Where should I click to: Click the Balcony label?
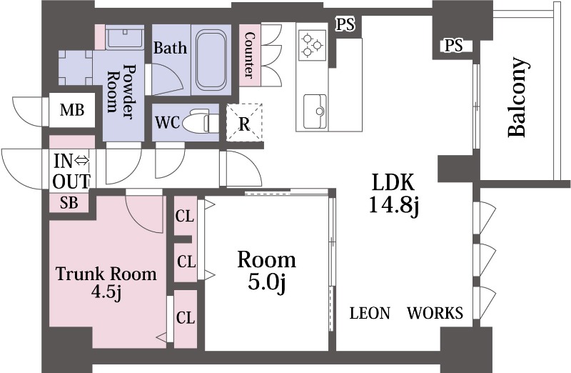[x=517, y=97]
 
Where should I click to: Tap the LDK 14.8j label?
[x=394, y=193]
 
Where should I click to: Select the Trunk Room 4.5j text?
[x=106, y=283]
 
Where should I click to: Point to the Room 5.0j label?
[x=266, y=270]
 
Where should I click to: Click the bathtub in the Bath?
[x=211, y=60]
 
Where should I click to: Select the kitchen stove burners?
[x=313, y=45]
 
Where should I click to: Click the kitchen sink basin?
[x=315, y=111]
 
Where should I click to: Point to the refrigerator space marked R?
[x=244, y=122]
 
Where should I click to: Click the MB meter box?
[x=72, y=110]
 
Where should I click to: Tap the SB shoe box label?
[x=69, y=203]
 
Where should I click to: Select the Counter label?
[x=249, y=55]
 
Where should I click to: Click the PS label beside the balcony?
[x=454, y=45]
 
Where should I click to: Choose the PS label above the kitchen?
[x=345, y=24]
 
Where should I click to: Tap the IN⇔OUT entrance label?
[x=71, y=171]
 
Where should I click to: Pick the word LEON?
[x=370, y=313]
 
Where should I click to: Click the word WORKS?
[x=435, y=313]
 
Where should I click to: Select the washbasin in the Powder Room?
[x=124, y=37]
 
